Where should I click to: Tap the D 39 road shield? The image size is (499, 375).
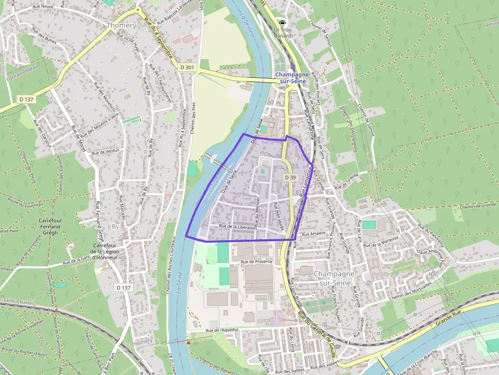coord(290,177)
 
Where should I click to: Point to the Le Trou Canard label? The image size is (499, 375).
coord(283,32)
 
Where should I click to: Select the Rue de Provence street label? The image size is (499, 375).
coord(257,262)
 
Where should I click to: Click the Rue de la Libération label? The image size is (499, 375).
coord(237,226)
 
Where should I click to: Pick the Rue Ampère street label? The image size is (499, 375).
coord(314,234)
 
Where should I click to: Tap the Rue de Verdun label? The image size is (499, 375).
coord(105,151)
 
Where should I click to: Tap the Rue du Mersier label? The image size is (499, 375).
coord(257,211)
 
